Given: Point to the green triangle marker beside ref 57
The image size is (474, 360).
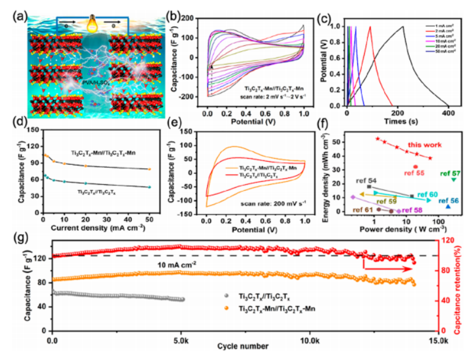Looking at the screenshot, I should click(x=453, y=180).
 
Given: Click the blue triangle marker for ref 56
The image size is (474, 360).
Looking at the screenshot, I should click(x=448, y=207).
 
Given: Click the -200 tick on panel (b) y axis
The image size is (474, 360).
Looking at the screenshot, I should click(x=187, y=97).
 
